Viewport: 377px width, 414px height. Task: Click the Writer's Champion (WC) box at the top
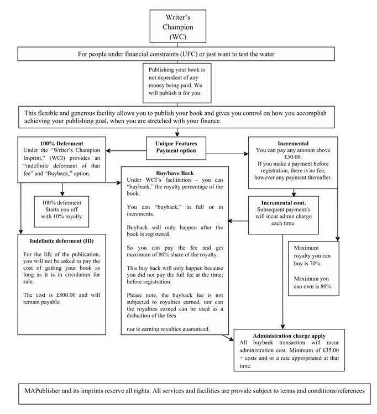177,27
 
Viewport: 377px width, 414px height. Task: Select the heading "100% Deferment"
55,143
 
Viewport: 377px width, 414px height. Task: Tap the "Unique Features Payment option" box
176,147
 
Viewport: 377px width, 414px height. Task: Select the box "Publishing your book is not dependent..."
176,81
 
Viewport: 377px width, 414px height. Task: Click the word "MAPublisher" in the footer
43,390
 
